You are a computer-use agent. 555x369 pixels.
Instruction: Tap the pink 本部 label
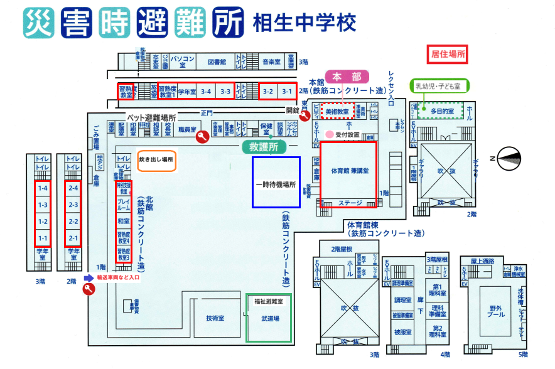347,77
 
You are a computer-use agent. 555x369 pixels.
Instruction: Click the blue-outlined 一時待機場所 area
276,182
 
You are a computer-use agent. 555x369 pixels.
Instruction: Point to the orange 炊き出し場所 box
157,160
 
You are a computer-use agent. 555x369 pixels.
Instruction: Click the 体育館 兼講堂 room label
349,171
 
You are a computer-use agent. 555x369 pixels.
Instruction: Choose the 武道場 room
269,319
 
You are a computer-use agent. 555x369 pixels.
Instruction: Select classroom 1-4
43,188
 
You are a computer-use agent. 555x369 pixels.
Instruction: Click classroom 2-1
73,238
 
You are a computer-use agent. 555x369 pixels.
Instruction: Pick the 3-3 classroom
225,92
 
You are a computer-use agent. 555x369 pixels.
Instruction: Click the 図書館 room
217,62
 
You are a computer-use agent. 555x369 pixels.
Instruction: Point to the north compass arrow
509,158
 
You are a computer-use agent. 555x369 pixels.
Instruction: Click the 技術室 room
215,318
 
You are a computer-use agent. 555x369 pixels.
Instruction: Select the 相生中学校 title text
304,23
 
